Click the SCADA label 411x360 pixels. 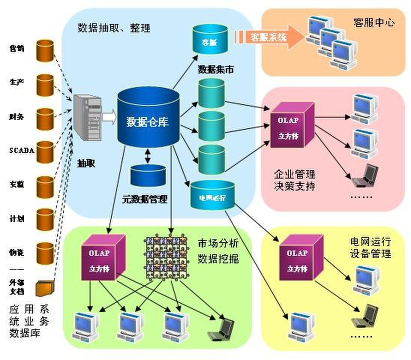[22, 151]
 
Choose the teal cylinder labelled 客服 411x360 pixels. [210, 39]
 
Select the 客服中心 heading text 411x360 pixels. [373, 22]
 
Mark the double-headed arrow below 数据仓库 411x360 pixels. [148, 155]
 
